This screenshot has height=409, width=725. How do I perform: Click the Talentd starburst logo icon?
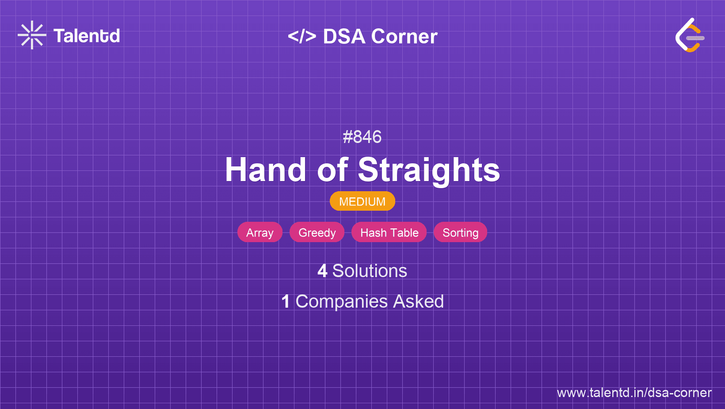(x=32, y=35)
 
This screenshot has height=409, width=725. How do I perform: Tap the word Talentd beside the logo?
(x=87, y=36)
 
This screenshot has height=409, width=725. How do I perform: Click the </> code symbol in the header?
(x=302, y=36)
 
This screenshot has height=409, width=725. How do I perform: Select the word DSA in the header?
(x=344, y=36)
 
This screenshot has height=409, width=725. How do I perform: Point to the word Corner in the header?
(x=404, y=36)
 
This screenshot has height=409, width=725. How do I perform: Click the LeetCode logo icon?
(x=690, y=35)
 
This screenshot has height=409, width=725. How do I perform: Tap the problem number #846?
(x=362, y=137)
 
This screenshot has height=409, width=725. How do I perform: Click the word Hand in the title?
(x=265, y=170)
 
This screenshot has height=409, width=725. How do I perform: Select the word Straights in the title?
(x=429, y=171)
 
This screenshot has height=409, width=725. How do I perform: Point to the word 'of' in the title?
(x=332, y=170)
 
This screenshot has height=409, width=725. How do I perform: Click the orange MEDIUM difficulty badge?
(x=362, y=201)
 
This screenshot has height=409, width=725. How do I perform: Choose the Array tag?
(x=260, y=232)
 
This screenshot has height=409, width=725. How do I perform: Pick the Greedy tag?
(x=317, y=232)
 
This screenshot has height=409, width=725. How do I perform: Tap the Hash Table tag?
(x=389, y=232)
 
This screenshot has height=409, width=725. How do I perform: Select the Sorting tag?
(x=460, y=232)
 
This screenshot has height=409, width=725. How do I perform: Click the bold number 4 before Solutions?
(x=322, y=271)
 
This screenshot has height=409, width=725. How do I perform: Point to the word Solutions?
(x=370, y=271)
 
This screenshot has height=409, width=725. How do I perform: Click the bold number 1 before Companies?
(x=286, y=301)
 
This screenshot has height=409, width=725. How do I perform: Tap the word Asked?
(x=418, y=301)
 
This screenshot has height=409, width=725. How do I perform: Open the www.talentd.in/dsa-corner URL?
(x=634, y=393)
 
